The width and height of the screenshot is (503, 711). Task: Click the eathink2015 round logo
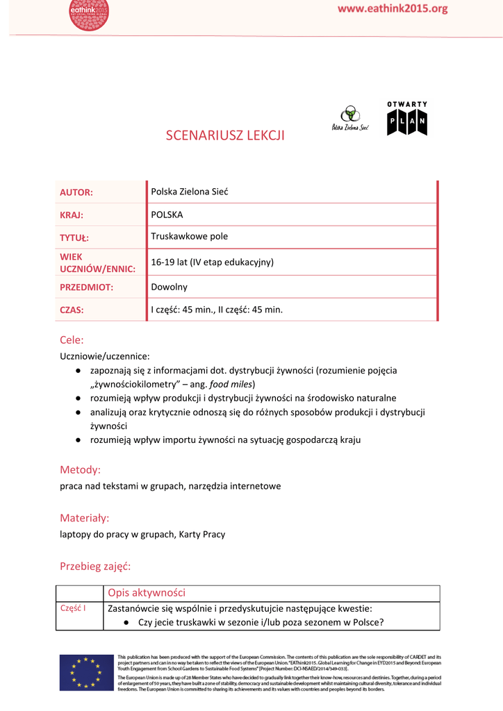(89, 14)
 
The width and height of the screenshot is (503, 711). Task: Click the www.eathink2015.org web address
(393, 9)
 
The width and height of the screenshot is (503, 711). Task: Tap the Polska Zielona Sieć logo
(349, 119)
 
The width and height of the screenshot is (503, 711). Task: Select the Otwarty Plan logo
(407, 119)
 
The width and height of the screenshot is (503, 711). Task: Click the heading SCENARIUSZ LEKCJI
(225, 135)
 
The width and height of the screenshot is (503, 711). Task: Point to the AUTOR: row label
(76, 192)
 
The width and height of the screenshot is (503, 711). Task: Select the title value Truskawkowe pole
(189, 236)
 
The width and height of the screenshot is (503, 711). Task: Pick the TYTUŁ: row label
(74, 237)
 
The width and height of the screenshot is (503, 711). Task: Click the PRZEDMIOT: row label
(86, 287)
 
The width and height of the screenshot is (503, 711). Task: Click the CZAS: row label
(72, 310)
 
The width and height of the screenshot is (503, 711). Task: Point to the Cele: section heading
(72, 340)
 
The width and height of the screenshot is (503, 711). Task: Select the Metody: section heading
(80, 470)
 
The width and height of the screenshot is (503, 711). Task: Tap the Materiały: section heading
(85, 518)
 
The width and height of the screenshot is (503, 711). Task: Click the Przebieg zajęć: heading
(95, 567)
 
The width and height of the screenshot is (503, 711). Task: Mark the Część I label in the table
(73, 608)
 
